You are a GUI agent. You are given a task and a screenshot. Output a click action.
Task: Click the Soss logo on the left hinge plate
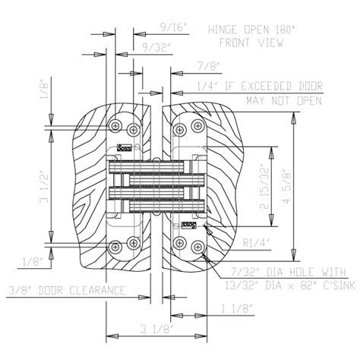(126, 148)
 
